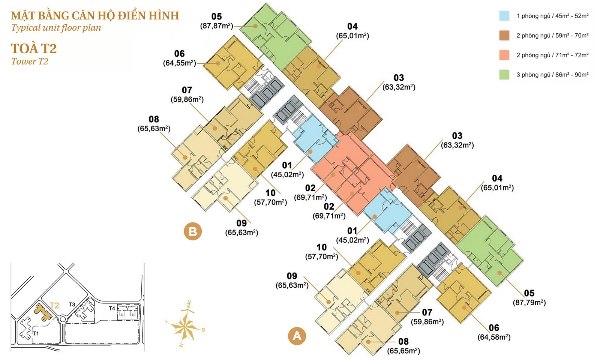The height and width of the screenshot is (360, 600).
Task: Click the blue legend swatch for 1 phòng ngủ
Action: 504,16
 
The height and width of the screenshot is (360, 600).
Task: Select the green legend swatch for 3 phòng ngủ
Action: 504,75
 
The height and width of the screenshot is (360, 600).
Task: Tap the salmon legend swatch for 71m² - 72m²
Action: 504,55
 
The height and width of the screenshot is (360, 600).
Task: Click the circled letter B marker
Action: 193,231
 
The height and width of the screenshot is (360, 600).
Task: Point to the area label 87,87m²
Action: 216,26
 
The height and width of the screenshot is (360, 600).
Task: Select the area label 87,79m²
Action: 529,302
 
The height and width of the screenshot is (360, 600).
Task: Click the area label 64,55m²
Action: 179,63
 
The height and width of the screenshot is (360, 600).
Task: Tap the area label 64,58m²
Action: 494,337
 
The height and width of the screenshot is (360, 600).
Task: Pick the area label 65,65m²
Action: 403,351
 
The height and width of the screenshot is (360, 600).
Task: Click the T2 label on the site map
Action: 54,305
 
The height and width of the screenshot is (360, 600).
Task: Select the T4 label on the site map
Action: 112,308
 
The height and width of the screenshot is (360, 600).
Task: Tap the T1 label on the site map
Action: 36,333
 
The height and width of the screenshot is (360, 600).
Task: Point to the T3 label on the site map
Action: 72,304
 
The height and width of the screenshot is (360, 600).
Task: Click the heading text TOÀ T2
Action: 34,49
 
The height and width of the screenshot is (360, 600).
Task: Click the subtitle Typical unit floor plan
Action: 56,28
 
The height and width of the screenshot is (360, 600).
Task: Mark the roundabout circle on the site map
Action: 63,320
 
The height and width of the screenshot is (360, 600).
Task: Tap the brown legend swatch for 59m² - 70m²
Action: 504,36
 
